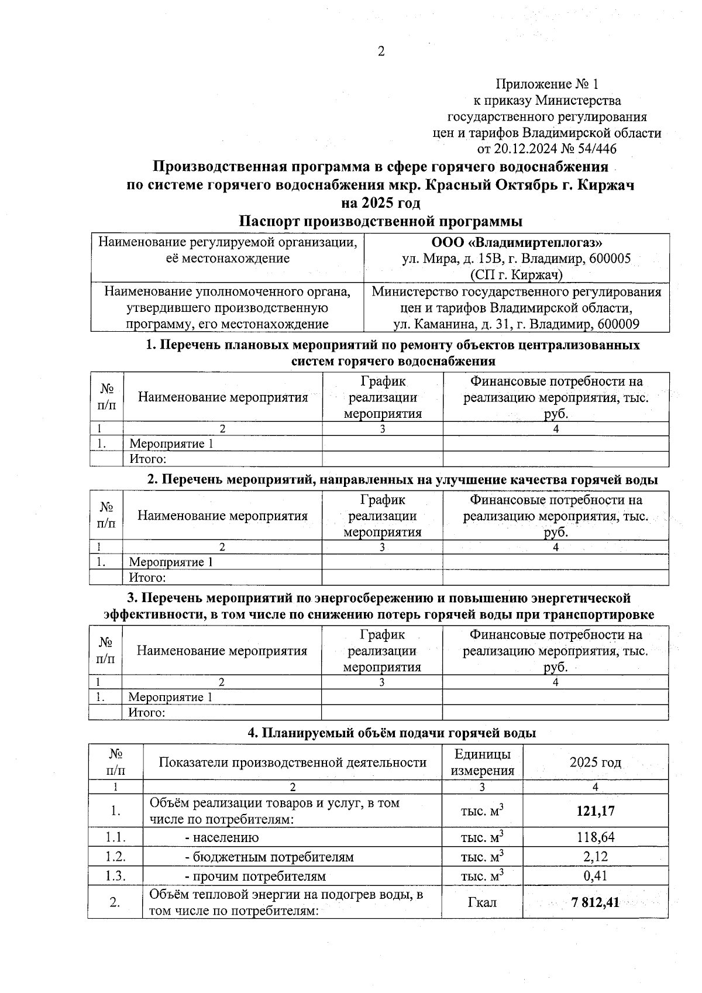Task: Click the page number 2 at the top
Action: (x=381, y=52)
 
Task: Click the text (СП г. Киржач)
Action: (x=517, y=274)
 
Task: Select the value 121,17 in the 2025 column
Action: (x=595, y=811)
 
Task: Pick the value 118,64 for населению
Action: (x=595, y=837)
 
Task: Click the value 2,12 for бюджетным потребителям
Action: (x=596, y=857)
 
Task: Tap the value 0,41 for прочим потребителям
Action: (x=596, y=876)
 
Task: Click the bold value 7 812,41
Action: (x=595, y=902)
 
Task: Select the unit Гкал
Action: (x=482, y=902)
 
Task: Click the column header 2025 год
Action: (x=595, y=762)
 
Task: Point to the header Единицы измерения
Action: (x=482, y=762)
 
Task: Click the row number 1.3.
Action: (x=115, y=876)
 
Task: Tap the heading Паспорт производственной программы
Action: (x=381, y=222)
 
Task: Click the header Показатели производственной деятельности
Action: (x=292, y=762)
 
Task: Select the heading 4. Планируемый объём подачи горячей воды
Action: (x=391, y=733)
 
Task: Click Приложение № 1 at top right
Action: (x=547, y=84)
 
